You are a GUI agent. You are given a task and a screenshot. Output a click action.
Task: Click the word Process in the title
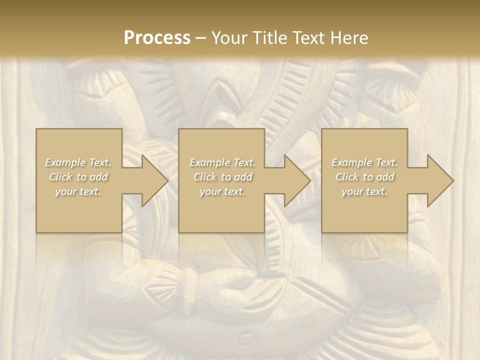click(x=157, y=37)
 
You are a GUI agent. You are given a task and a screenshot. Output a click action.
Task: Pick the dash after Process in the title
click(x=200, y=38)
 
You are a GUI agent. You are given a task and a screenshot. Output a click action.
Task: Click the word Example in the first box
click(x=66, y=162)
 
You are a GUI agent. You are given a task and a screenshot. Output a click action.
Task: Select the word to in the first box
click(x=81, y=177)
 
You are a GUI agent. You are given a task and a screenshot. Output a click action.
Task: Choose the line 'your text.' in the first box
click(x=78, y=191)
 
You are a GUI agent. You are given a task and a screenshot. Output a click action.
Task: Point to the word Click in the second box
click(x=204, y=177)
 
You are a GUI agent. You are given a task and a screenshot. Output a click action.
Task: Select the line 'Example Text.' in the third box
click(x=364, y=162)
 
